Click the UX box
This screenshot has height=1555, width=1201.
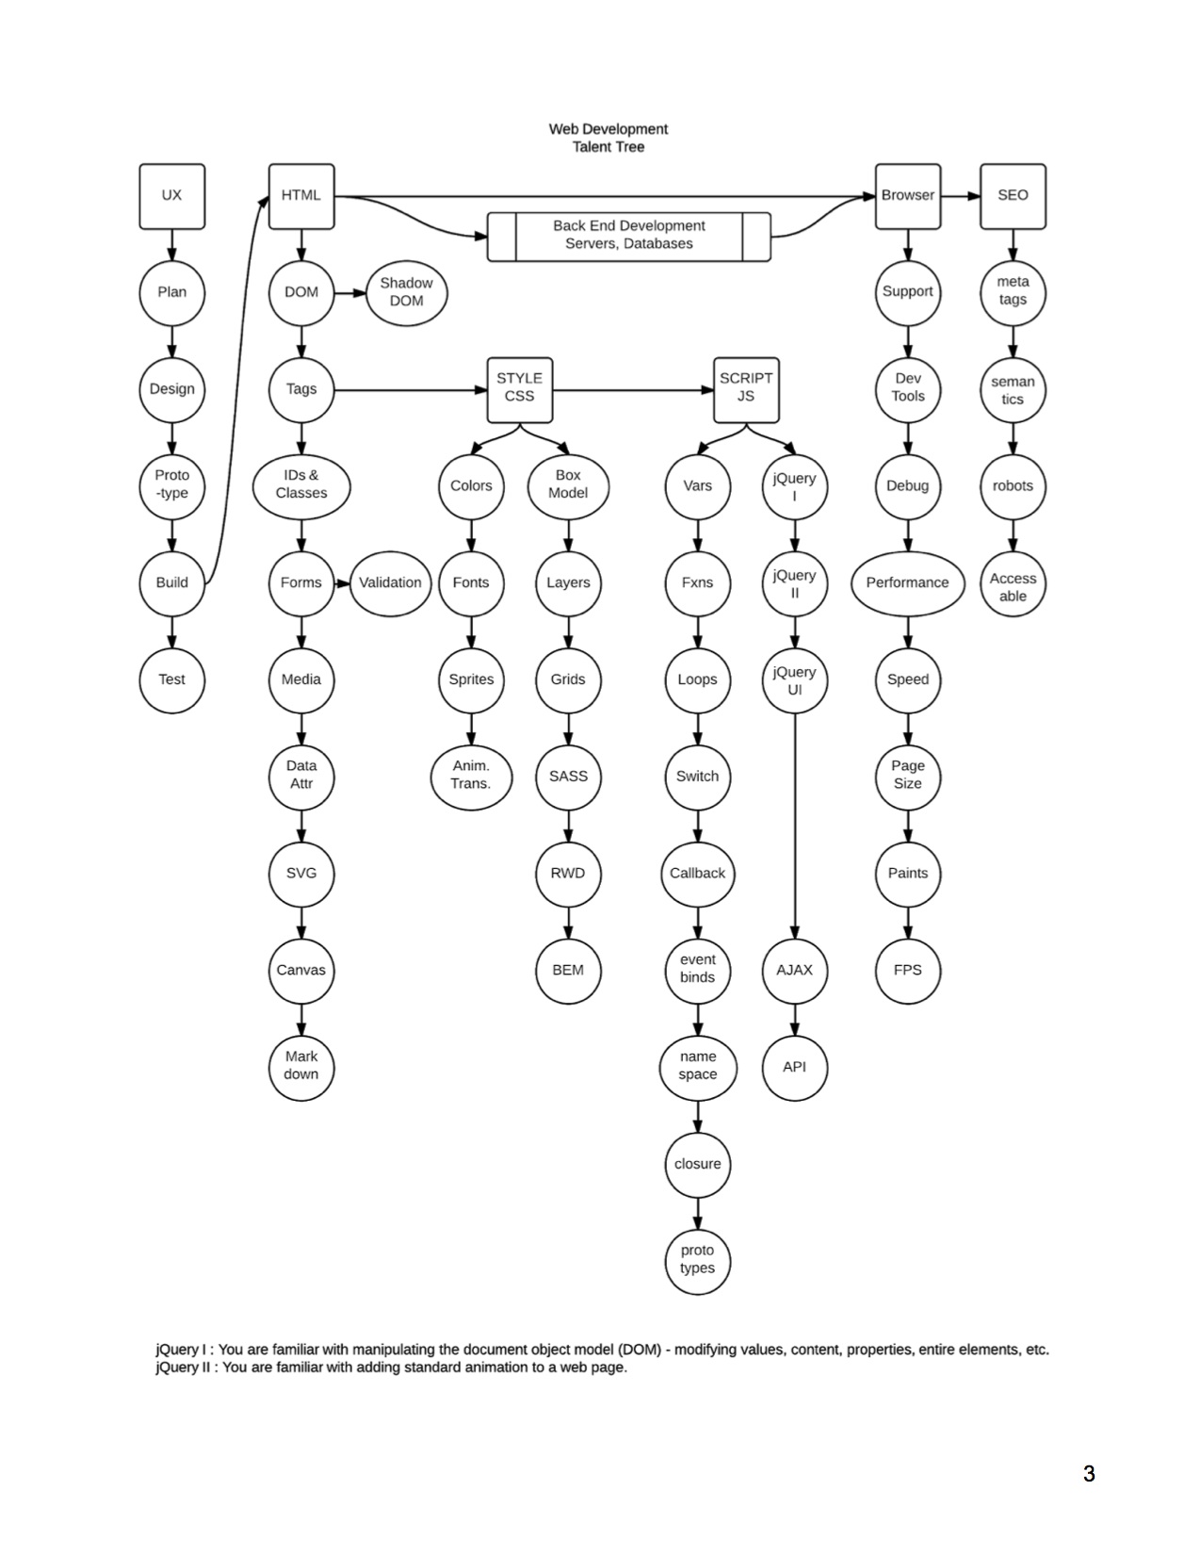click(171, 196)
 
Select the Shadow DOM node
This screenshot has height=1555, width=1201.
click(406, 292)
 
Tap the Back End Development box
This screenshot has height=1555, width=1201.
click(628, 236)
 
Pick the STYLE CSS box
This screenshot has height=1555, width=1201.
click(519, 388)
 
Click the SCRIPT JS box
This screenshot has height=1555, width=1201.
click(746, 388)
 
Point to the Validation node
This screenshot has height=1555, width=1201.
click(390, 582)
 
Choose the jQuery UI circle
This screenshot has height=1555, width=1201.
click(794, 680)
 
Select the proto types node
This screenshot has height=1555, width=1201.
click(697, 1260)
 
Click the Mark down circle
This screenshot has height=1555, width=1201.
click(301, 1066)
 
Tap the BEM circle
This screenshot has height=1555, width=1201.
click(568, 970)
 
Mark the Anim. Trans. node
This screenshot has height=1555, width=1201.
click(471, 776)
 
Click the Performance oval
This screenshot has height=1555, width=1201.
click(907, 582)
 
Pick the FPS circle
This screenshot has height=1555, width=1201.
click(907, 970)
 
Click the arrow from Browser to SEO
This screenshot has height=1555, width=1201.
click(960, 196)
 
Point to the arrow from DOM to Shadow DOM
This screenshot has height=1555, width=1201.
click(349, 292)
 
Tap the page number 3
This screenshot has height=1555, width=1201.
click(1089, 1474)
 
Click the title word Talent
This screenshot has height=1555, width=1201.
click(592, 147)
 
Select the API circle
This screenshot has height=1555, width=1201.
click(794, 1067)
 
